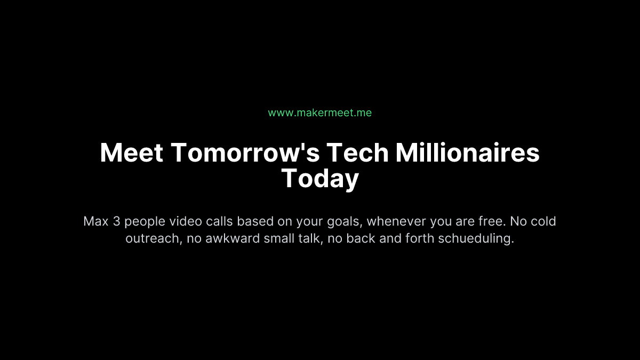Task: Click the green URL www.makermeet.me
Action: coord(319,113)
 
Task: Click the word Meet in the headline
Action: coord(132,153)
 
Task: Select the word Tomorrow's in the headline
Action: coord(245,153)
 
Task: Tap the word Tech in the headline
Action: coord(357,153)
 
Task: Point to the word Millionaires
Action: coord(468,153)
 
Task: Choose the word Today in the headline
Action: coord(320,178)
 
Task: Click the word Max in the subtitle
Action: coord(96,221)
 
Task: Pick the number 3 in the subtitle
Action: coord(117,221)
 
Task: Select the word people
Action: coord(145,222)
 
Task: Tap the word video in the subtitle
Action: coord(186,221)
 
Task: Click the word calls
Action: coord(219,221)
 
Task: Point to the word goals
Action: coord(345,222)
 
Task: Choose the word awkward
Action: coord(233,238)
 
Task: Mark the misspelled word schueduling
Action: coord(476,239)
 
